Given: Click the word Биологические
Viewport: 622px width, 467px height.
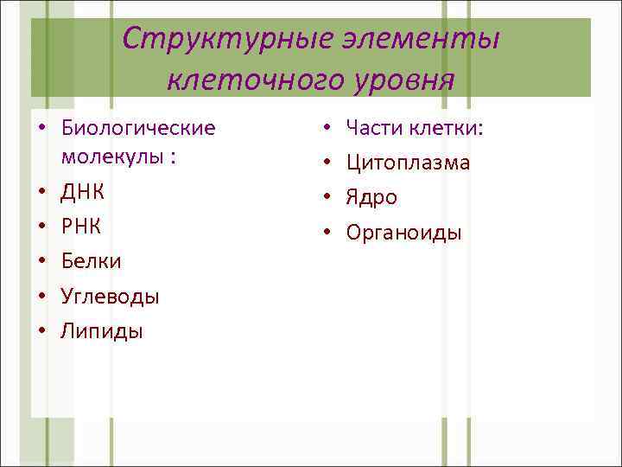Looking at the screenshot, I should (x=138, y=128).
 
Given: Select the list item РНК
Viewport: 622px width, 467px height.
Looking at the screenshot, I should (x=80, y=226).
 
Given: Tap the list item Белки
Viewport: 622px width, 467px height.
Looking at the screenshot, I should (x=91, y=260).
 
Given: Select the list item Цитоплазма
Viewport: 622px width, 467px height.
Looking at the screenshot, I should (x=408, y=163).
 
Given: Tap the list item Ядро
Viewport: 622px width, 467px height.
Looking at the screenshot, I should (x=371, y=197).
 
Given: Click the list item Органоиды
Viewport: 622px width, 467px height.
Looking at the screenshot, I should (x=403, y=232).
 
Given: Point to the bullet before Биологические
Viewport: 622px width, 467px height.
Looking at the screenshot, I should (x=41, y=129).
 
